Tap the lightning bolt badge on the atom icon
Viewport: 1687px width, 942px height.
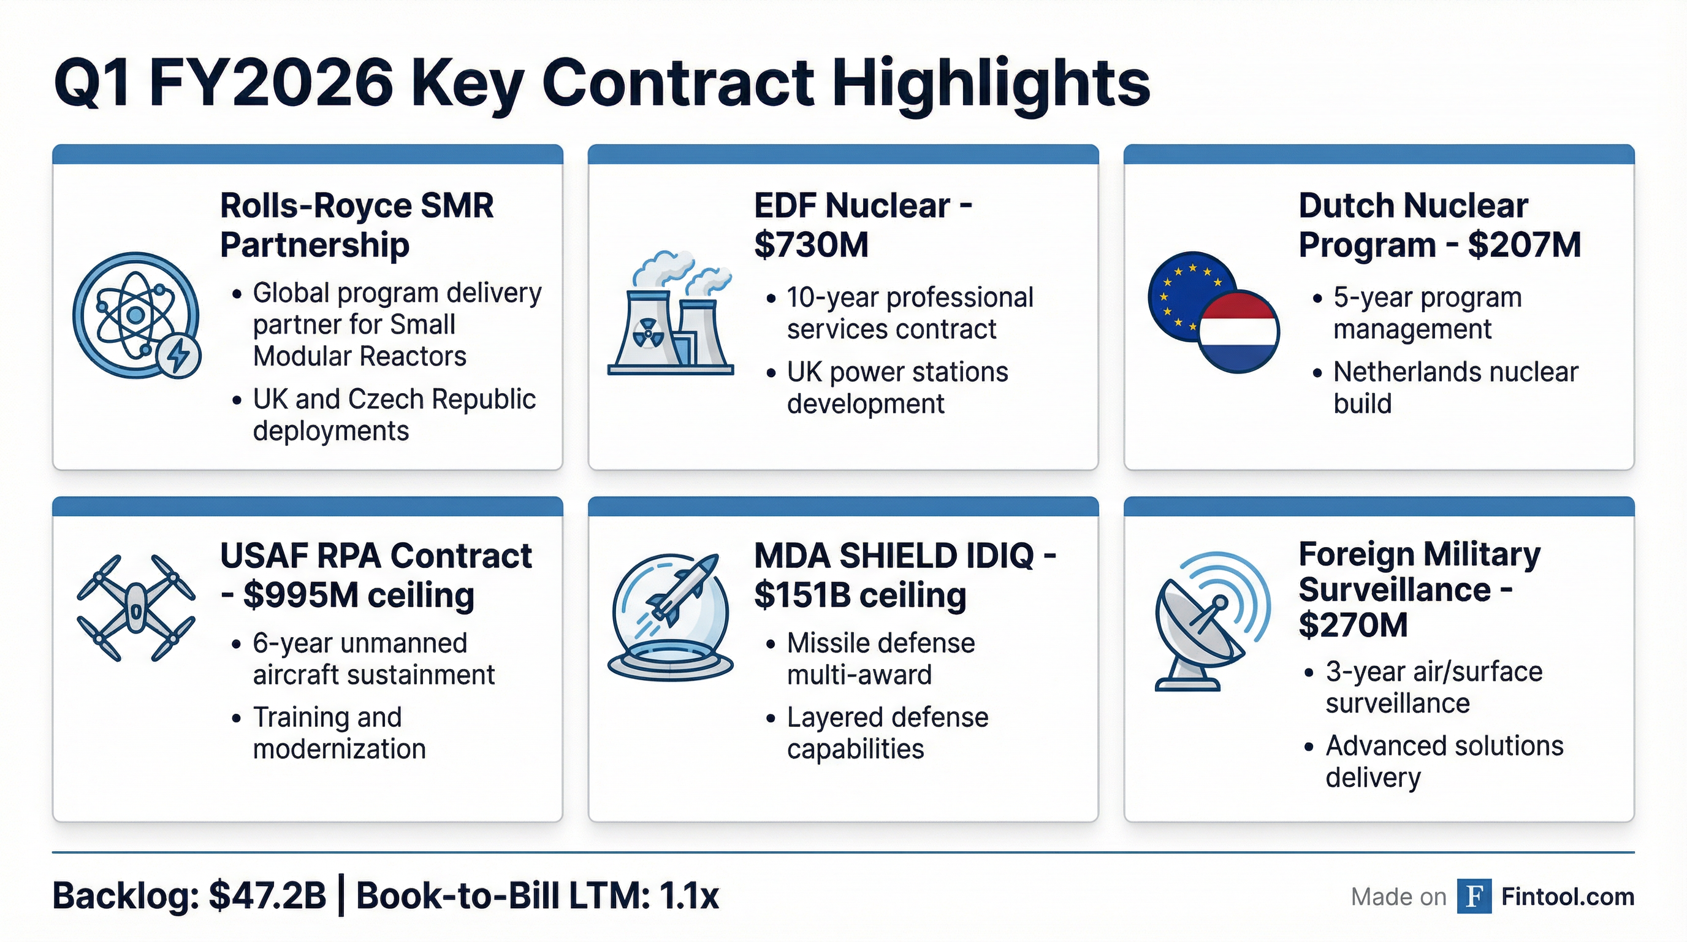(179, 356)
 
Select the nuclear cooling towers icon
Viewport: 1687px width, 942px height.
(670, 315)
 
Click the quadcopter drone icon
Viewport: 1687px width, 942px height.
(135, 608)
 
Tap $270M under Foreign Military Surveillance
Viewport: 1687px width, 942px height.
(1352, 625)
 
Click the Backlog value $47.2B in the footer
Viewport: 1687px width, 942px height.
(267, 896)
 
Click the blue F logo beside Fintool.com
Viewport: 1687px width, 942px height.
(1474, 896)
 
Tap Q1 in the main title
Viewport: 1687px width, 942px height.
(92, 84)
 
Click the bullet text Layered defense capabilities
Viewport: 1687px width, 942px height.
(888, 733)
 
